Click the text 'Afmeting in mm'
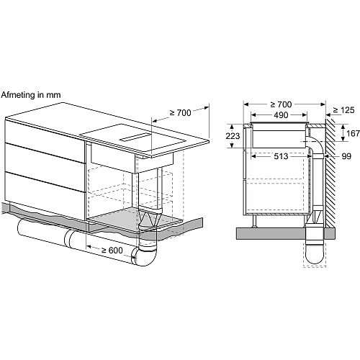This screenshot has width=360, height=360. pos(31,95)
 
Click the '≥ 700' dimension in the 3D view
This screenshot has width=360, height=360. pos(181,112)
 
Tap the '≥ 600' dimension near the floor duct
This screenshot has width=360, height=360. pos(112,251)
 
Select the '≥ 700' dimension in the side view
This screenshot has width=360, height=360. pos(281,104)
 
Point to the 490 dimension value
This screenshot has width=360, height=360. pos(281,115)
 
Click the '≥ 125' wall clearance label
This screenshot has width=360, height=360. pos(343,110)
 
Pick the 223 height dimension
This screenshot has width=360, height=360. pos(233,136)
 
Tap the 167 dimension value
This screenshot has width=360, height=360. pos(353,133)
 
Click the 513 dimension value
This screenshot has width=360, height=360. pos(281,156)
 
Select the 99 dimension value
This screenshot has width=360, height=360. pos(346,156)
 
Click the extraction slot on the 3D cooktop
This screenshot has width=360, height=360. pos(135,138)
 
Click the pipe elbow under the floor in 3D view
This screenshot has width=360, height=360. pos(144,256)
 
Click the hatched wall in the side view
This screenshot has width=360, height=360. pos(330,172)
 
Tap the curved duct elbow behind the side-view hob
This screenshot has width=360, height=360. pos(315,144)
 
